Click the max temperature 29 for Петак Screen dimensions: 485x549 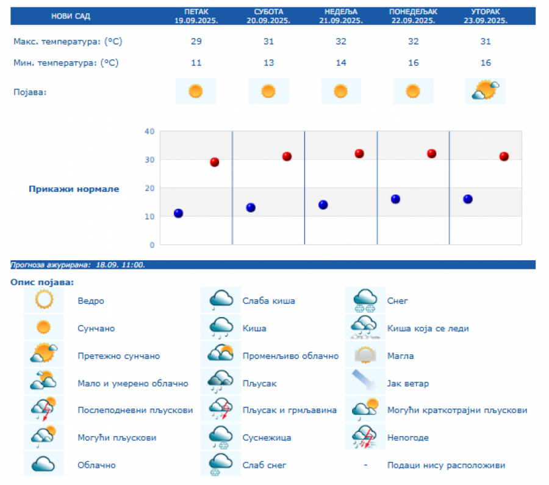(x=195, y=42)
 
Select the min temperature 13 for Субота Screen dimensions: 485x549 (x=268, y=63)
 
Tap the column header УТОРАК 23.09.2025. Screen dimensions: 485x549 (x=486, y=16)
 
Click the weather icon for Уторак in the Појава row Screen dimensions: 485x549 (x=486, y=91)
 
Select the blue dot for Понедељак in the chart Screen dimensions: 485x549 (x=395, y=199)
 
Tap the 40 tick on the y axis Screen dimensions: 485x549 (x=149, y=131)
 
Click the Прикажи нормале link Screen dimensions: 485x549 (x=74, y=189)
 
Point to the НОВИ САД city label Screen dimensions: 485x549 (x=70, y=16)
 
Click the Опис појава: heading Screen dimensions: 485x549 (x=42, y=282)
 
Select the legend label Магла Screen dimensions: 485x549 (x=400, y=356)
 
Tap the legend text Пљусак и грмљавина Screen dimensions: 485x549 (x=289, y=410)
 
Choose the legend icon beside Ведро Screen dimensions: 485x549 (x=44, y=301)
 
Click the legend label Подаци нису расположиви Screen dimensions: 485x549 (x=446, y=465)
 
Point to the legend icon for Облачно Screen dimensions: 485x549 (x=44, y=464)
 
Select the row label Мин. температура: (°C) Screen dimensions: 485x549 (x=66, y=63)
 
